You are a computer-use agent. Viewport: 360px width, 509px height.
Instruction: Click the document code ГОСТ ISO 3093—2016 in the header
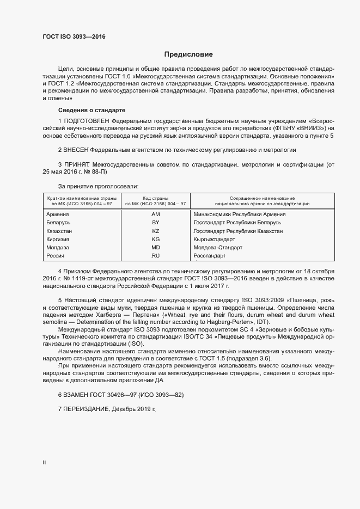click(74, 37)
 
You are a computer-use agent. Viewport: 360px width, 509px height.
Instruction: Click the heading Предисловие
click(188, 54)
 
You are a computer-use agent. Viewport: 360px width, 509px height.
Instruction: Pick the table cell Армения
click(58, 214)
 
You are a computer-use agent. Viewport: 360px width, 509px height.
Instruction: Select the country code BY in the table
click(155, 223)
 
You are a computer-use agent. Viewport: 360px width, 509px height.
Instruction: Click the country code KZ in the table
click(155, 231)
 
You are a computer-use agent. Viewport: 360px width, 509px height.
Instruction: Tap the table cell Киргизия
click(59, 240)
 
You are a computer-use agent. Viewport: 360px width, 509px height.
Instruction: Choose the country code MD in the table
click(155, 248)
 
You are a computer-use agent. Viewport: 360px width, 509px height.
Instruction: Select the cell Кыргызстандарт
click(214, 240)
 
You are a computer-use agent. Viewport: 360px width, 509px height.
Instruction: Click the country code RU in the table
click(155, 256)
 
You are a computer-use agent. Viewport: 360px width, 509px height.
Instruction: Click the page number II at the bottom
click(44, 463)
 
